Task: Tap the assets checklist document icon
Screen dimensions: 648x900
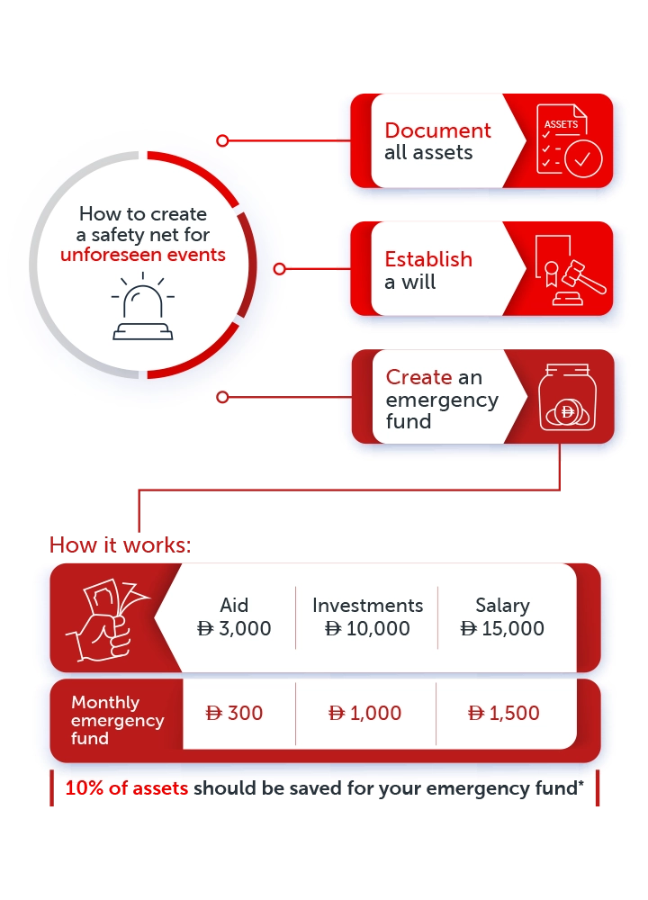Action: (x=569, y=140)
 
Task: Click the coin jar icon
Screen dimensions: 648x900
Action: (x=567, y=397)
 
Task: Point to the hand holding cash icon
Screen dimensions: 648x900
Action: (x=107, y=620)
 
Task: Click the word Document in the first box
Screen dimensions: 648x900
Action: (x=437, y=130)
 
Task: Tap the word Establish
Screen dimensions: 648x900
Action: (x=428, y=259)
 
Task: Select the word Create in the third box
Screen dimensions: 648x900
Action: (x=418, y=377)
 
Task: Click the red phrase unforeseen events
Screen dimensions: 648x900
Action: (x=143, y=255)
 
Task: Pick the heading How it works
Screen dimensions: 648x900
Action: (x=120, y=544)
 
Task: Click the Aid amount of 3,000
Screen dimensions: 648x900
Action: (x=234, y=628)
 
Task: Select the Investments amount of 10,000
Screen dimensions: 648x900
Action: (x=367, y=628)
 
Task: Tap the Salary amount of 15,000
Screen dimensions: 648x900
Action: (x=502, y=628)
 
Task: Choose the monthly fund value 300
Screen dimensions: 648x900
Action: (x=234, y=713)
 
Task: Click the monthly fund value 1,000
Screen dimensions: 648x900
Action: (x=364, y=713)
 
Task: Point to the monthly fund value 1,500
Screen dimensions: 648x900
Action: (x=504, y=713)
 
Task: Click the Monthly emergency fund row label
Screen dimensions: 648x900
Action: (x=117, y=720)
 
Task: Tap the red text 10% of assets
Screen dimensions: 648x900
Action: (x=126, y=788)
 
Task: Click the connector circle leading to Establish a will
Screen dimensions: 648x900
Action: (x=280, y=268)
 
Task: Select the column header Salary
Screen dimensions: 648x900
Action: (x=502, y=606)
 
